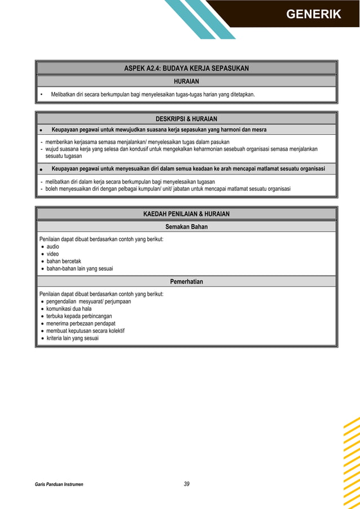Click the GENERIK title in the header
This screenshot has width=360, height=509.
click(313, 14)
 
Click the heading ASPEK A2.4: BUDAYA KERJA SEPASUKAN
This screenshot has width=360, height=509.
click(186, 68)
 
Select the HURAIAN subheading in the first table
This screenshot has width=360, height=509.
click(186, 82)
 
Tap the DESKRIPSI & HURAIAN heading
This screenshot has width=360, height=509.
click(186, 119)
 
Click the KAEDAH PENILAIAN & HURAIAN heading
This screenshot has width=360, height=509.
click(186, 214)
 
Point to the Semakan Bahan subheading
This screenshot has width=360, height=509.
click(186, 227)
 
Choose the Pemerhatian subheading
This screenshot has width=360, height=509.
click(186, 282)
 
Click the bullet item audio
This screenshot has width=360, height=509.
click(52, 247)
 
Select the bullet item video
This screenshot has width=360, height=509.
click(52, 254)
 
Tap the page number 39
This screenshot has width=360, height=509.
click(187, 484)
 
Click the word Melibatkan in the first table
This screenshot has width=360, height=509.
click(64, 95)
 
